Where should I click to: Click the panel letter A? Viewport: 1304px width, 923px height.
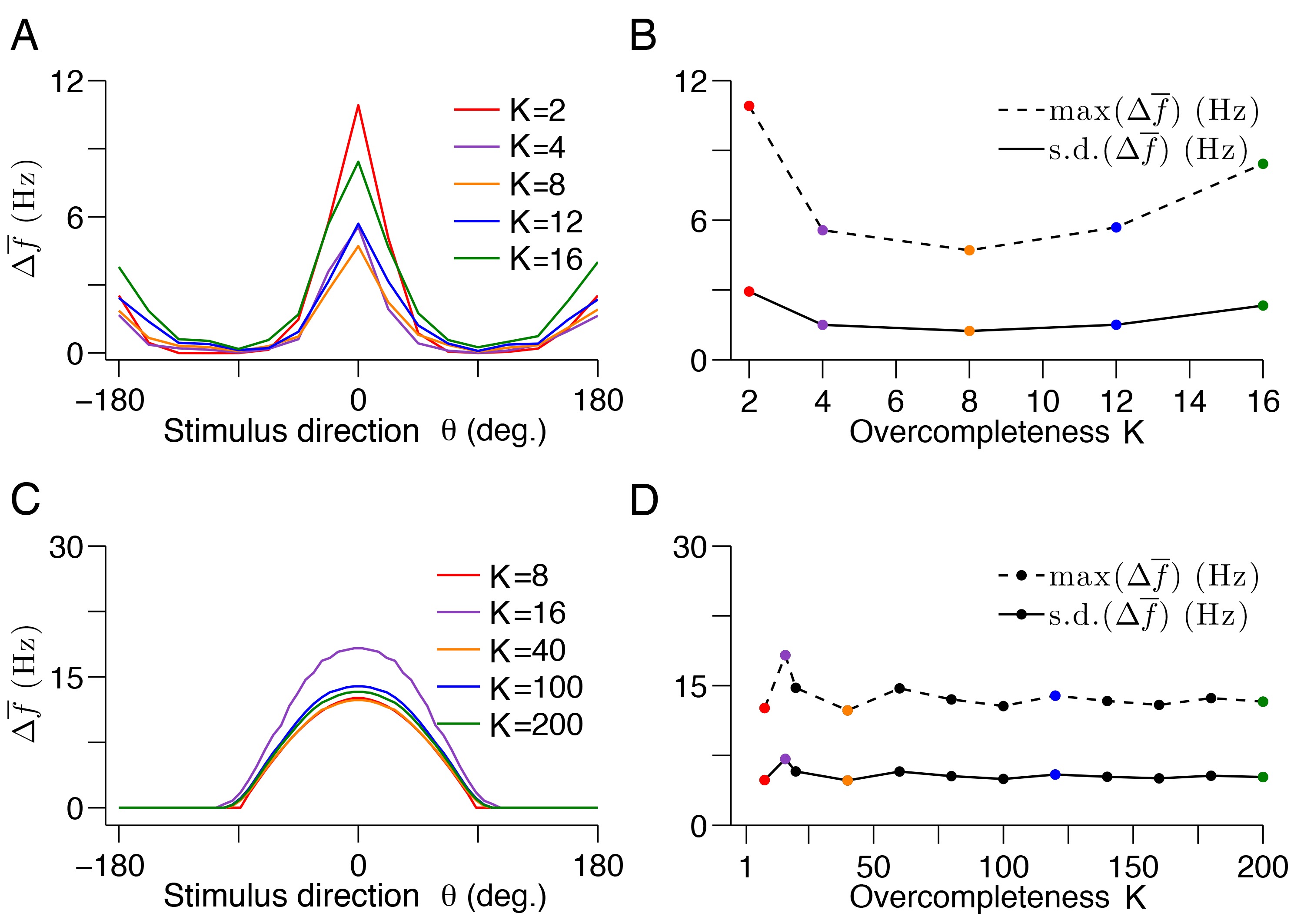coord(24,36)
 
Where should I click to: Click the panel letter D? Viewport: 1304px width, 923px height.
coord(644,501)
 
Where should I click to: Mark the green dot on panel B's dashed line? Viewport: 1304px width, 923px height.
coord(1263,164)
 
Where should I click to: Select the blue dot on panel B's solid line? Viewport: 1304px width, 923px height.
coord(1116,325)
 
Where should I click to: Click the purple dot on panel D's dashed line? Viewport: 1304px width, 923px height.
coord(785,655)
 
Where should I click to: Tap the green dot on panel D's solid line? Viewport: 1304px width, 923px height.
coord(1263,777)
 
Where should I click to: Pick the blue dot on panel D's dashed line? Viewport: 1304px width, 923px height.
coord(1055,696)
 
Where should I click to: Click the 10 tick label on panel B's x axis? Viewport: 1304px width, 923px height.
coord(1042,401)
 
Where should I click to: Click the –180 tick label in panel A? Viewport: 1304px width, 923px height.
coord(110,400)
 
